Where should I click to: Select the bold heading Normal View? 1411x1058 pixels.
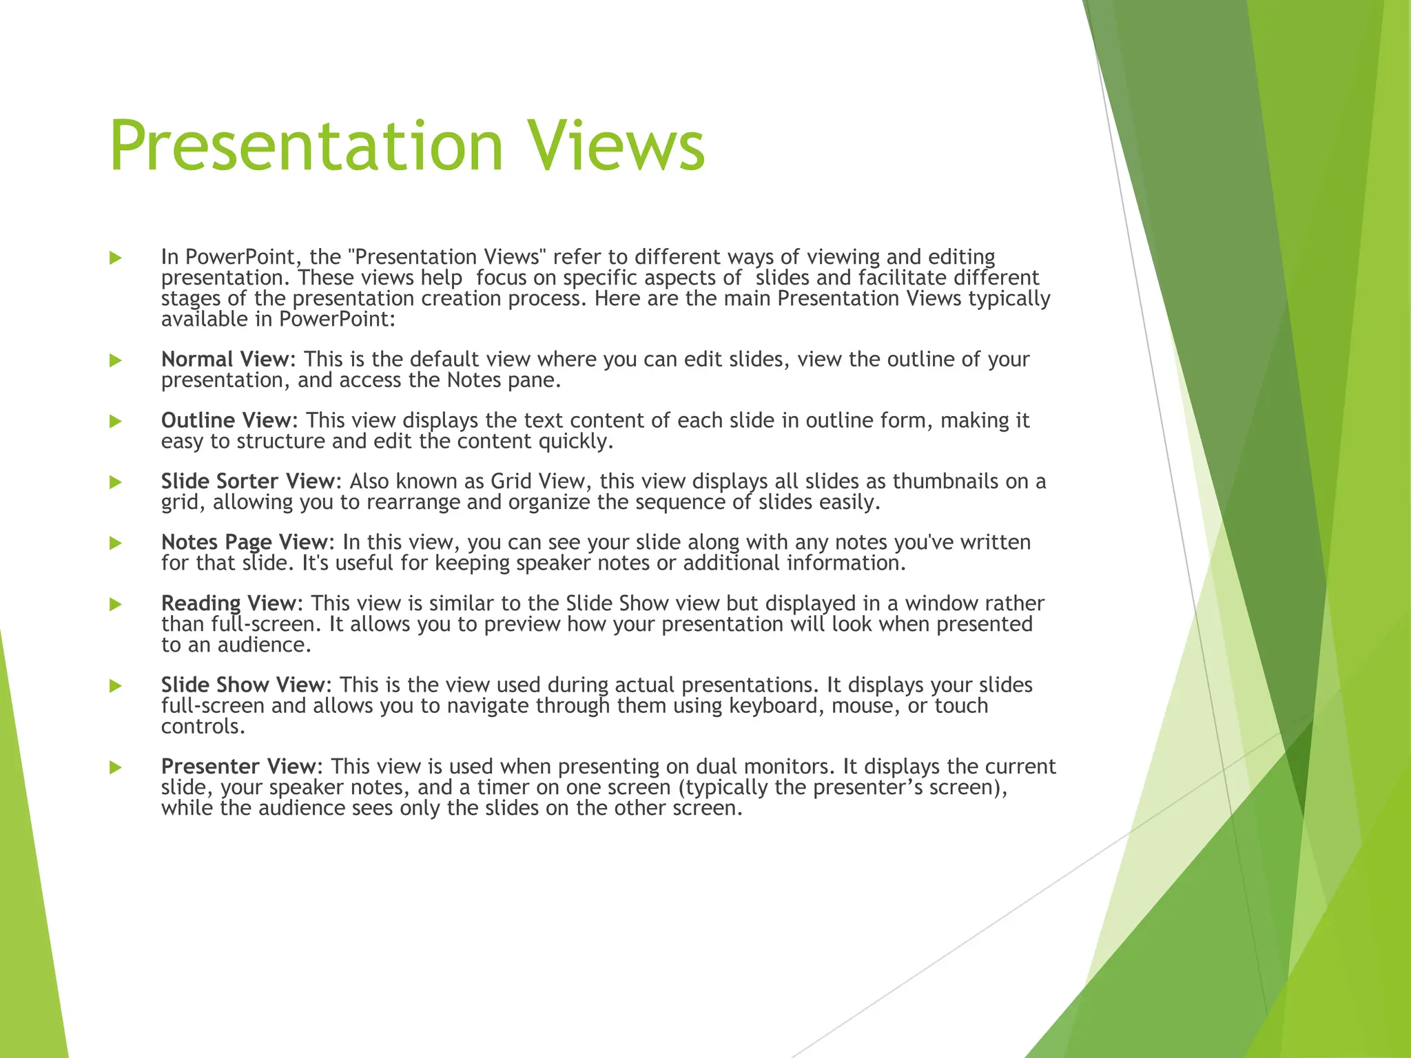pos(225,360)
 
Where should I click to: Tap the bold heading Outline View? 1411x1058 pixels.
pos(226,420)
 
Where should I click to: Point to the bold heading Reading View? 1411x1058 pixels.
pos(229,603)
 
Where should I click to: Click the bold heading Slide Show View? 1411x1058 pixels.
pos(243,685)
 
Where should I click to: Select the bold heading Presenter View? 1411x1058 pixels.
pos(238,767)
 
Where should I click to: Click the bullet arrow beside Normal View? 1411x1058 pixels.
pos(116,360)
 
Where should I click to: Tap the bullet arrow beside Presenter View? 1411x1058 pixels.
pos(116,767)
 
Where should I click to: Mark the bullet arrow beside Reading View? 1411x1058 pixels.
pos(116,604)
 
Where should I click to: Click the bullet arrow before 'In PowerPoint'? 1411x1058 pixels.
pos(116,258)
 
